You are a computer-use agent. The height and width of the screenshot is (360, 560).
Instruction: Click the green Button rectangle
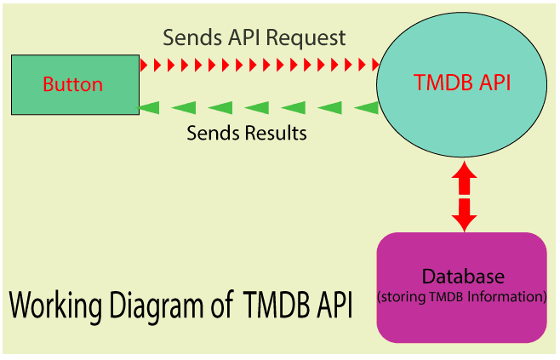76,84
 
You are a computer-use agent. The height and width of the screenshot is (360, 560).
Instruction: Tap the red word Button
73,84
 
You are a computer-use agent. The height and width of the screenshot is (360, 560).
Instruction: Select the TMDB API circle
462,84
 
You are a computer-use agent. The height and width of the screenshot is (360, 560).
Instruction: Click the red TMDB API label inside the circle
462,83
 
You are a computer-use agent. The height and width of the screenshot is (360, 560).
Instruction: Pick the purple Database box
462,288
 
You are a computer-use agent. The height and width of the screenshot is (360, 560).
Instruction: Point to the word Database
463,276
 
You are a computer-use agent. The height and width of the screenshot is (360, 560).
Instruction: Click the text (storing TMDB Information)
462,297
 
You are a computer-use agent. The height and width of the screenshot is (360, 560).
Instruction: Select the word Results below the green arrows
276,133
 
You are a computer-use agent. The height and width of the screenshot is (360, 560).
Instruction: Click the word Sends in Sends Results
214,133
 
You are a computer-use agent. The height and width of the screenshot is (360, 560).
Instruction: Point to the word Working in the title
55,306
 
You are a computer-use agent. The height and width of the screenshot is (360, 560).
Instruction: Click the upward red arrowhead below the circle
464,169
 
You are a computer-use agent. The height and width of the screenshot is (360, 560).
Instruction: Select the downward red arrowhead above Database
464,223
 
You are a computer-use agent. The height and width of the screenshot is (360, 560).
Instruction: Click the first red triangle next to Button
144,65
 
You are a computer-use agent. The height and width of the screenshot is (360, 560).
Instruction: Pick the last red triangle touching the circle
375,65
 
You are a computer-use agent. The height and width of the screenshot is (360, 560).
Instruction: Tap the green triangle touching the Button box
149,108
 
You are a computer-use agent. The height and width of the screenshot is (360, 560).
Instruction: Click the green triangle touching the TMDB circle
367,108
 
